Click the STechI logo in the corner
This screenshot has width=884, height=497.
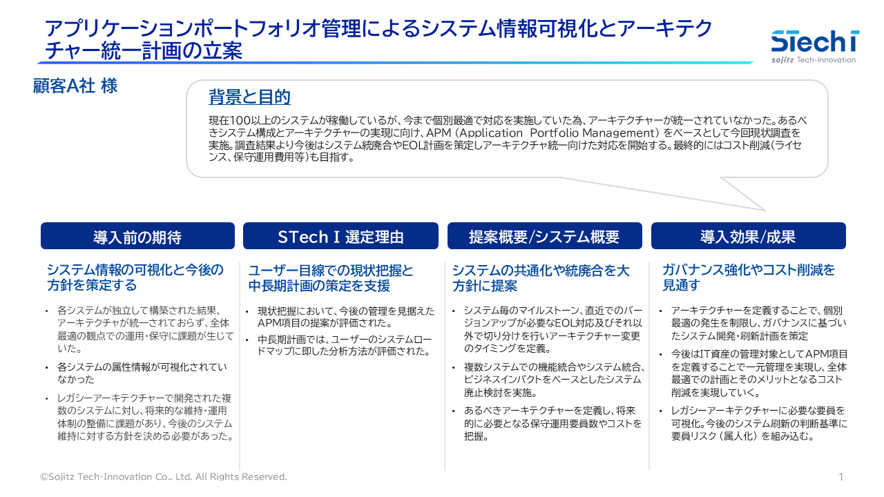coord(815,46)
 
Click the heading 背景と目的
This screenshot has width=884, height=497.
coord(249,97)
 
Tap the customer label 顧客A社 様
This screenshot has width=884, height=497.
coord(75,86)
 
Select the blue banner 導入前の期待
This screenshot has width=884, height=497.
coord(137,236)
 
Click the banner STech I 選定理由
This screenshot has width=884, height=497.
coord(340,236)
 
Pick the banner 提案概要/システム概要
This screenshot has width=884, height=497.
coord(545,236)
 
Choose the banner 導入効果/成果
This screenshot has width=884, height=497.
coord(748,236)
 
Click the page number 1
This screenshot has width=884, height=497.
coord(841,477)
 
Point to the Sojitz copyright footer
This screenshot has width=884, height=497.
coord(164,476)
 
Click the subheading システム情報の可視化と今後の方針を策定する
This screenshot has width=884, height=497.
coord(135,277)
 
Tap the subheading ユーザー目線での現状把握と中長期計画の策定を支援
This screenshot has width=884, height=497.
coord(331,277)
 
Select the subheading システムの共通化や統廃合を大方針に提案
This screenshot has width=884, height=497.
coord(541,277)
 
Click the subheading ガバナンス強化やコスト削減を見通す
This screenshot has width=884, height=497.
coord(749,277)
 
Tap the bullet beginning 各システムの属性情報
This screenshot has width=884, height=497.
coord(142,373)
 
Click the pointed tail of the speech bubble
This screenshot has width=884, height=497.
coord(766,211)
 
